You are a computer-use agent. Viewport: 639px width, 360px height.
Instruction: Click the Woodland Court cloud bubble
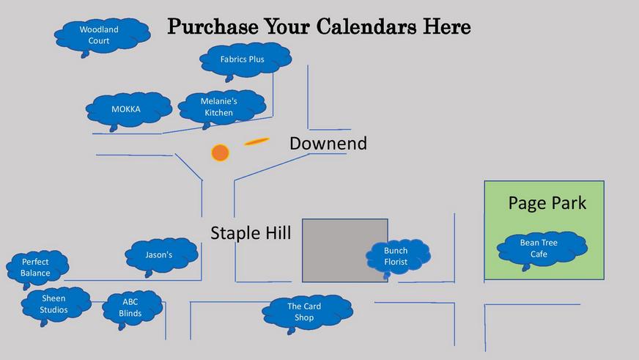[x=102, y=36]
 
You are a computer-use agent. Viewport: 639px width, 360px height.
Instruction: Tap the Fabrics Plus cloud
[x=245, y=60]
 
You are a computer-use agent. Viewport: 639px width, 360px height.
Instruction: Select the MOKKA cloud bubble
[x=129, y=110]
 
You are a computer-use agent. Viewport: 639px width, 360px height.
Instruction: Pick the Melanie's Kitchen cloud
[x=222, y=108]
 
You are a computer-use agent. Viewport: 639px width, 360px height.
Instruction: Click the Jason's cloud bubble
[x=162, y=256]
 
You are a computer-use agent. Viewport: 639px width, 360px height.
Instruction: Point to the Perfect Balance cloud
[x=37, y=268]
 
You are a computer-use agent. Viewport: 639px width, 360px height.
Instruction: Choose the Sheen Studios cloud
[x=56, y=305]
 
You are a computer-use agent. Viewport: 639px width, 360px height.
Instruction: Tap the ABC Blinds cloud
[x=133, y=309]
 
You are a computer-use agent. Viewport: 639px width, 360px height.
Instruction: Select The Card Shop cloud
[x=307, y=313]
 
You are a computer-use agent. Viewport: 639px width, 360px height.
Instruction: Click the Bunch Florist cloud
[x=398, y=257]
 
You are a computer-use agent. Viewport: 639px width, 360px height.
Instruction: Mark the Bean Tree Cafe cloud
[x=542, y=249]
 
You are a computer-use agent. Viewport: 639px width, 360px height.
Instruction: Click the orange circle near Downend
[x=220, y=153]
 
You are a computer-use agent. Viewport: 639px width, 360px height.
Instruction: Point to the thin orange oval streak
[x=256, y=142]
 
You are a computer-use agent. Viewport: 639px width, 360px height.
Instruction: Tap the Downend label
[x=328, y=144]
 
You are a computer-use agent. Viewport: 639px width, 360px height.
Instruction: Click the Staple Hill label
[x=251, y=233]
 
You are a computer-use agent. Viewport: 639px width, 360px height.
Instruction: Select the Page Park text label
[x=547, y=203]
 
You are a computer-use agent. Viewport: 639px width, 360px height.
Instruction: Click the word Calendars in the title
[x=366, y=27]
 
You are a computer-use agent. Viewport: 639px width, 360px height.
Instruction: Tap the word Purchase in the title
[x=213, y=27]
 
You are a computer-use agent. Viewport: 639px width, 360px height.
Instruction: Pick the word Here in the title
[x=447, y=27]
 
